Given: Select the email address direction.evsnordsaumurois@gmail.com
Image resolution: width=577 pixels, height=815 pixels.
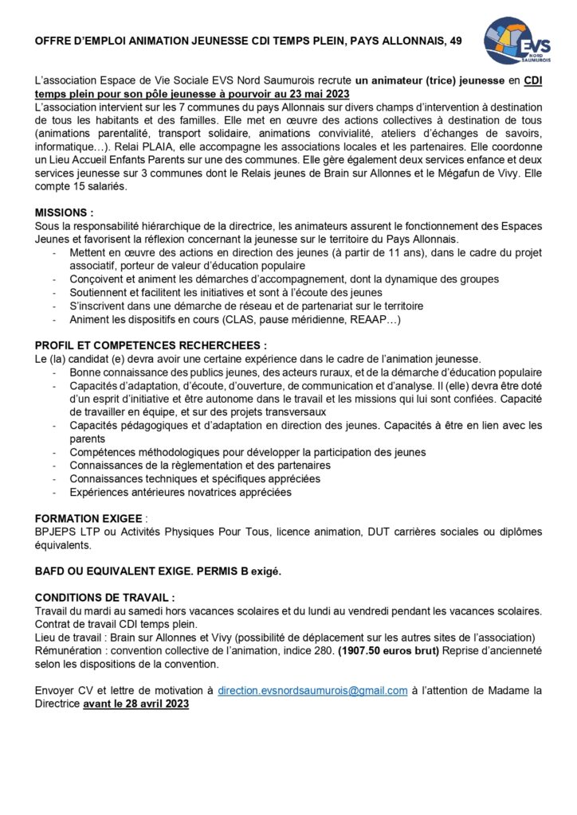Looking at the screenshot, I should pos(312,691).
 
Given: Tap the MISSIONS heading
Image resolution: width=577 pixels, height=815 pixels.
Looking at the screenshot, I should pos(64,213).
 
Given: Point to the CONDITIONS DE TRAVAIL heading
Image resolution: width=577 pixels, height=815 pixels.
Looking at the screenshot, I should pos(104,597).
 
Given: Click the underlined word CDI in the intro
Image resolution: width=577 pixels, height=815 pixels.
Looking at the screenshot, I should pos(532,80).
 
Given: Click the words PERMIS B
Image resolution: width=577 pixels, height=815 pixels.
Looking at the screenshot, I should pos(225,571).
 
